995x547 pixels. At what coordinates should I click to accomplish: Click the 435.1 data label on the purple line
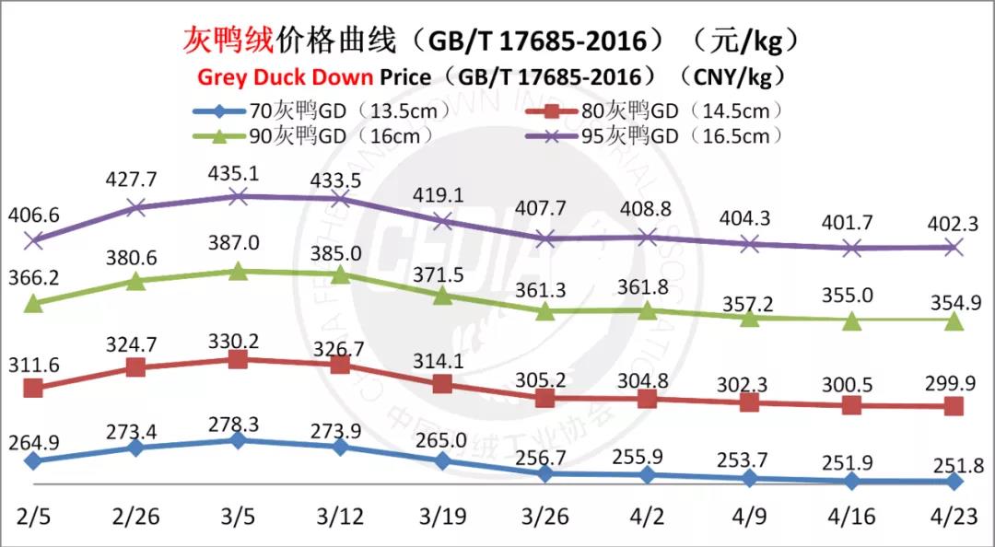point(238,175)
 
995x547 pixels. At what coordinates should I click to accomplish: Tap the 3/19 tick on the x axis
point(442,516)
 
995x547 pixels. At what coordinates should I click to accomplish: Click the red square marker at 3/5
point(238,359)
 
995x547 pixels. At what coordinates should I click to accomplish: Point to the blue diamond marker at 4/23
point(954,481)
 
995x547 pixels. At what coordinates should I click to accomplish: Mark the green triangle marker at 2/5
point(33,302)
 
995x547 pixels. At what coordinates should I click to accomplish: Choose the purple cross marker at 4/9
point(750,244)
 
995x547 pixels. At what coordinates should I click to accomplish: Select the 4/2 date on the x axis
point(647,516)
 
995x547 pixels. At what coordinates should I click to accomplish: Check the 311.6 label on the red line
point(33,366)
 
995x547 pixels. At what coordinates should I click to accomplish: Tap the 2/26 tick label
point(135,516)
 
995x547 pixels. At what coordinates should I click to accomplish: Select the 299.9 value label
point(954,383)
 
